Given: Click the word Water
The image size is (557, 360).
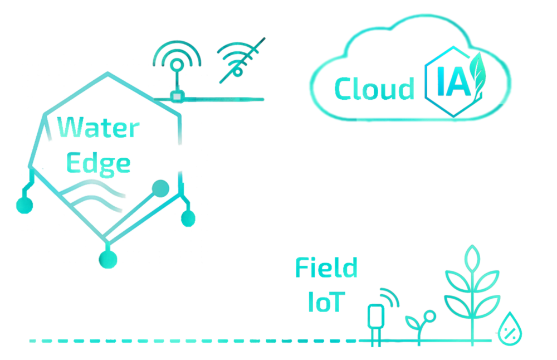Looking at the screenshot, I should point(99,128).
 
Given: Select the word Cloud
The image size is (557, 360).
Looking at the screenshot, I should point(374,89).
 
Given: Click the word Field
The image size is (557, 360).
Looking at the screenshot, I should point(326,268).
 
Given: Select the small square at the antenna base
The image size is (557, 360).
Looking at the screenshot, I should point(177,96).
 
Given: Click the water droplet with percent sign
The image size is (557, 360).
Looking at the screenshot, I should point(510,329).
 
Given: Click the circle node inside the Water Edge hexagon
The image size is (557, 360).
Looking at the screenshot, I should point(160,188).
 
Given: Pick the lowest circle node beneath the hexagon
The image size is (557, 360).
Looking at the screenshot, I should point(108,258).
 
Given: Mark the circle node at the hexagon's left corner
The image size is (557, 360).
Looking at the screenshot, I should point(24,205).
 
